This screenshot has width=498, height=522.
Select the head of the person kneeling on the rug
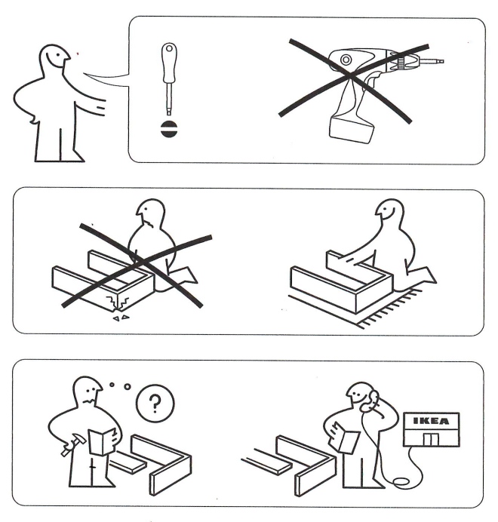392,217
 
